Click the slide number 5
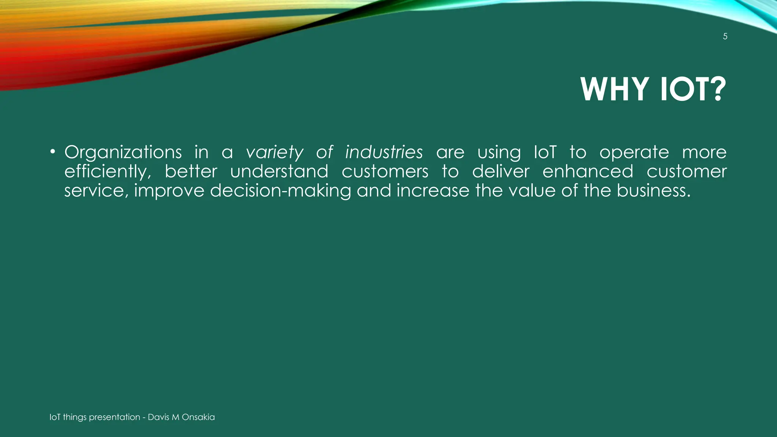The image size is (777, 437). click(x=725, y=36)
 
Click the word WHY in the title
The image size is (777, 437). click(x=614, y=89)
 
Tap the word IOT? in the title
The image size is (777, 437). click(x=693, y=89)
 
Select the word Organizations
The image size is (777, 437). click(x=123, y=152)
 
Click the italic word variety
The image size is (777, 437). click(x=275, y=152)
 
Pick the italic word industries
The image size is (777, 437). click(x=384, y=152)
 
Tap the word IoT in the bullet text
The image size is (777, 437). click(x=545, y=152)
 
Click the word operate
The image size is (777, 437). click(x=634, y=152)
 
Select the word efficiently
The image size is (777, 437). click(x=107, y=171)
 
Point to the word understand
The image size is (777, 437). click(x=279, y=171)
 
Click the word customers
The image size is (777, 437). click(x=385, y=171)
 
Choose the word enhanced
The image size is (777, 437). click(x=588, y=171)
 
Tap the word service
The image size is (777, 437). click(x=94, y=190)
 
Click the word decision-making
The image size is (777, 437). click(x=280, y=190)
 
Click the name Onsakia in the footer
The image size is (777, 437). click(x=198, y=417)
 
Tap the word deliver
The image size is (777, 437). click(x=500, y=171)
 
